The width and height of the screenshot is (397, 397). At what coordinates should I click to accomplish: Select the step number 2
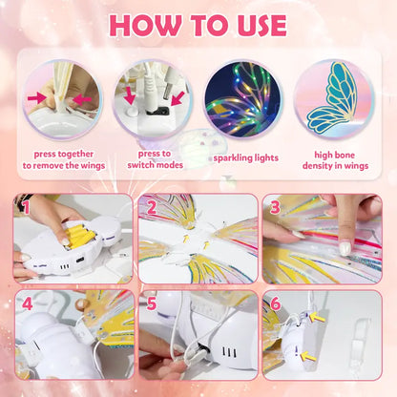click(150, 205)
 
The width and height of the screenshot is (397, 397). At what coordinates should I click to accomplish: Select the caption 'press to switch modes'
click(154, 158)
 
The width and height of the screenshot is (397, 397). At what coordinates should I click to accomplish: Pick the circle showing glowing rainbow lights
click(240, 100)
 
